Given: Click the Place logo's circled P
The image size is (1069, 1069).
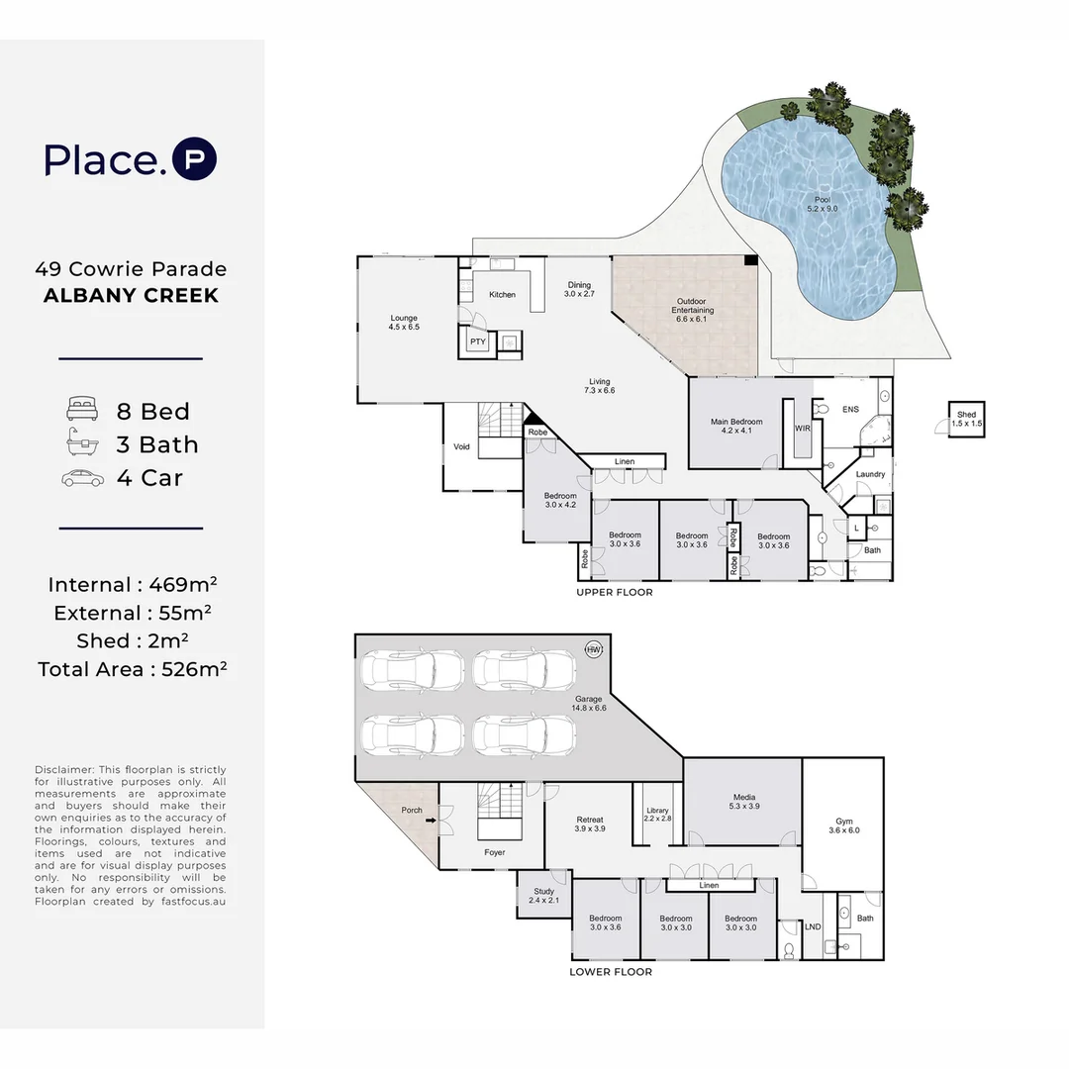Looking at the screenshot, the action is (x=194, y=158).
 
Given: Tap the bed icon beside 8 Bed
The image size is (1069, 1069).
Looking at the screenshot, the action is (x=82, y=409).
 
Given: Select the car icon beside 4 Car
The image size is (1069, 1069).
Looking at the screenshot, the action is (x=82, y=478).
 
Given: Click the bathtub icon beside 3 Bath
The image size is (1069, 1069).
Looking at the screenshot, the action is (x=82, y=442).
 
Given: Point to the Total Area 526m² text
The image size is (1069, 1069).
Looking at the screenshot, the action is (x=133, y=669).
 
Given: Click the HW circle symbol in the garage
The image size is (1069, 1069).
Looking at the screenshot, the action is (x=594, y=649).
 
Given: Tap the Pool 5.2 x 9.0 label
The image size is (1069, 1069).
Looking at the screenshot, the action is (x=823, y=205).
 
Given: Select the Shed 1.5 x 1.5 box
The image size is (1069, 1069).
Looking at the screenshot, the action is (x=967, y=419).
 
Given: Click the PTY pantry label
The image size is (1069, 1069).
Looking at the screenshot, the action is (x=478, y=342).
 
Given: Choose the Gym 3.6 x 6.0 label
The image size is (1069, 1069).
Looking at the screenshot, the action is (x=844, y=826).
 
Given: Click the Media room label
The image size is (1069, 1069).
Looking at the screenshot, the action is (x=743, y=801).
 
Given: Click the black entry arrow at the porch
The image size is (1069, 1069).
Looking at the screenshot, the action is (x=431, y=821).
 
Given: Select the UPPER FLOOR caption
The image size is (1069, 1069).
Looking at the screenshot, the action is (x=615, y=593).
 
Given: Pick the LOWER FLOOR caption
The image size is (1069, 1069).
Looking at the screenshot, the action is (x=611, y=972).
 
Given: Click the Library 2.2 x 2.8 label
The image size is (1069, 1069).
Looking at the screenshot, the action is (x=657, y=815).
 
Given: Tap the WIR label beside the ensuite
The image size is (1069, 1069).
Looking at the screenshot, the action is (x=803, y=429).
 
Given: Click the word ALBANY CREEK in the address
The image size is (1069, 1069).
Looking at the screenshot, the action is (x=131, y=295).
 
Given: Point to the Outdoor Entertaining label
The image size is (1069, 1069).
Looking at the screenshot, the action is (x=691, y=310).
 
